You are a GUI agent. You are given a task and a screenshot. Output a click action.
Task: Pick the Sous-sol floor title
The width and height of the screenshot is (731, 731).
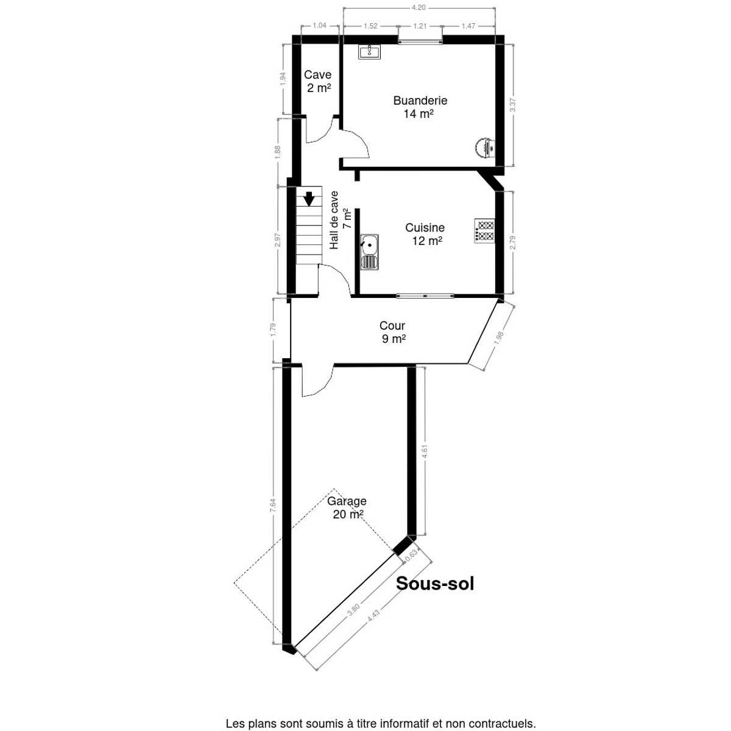pos(435,584)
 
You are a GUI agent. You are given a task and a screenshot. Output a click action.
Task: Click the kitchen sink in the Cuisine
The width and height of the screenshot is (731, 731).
pos(369,252)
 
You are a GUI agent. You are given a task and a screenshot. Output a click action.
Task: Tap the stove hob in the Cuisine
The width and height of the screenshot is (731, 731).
pos(484,231)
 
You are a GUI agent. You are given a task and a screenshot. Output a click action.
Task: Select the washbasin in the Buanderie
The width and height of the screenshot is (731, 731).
pos(370,52)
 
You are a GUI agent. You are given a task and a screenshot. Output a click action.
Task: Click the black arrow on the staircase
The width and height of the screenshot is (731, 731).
pos(309,199)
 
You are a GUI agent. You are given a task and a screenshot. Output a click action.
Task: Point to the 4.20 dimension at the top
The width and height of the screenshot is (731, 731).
pos(419,7)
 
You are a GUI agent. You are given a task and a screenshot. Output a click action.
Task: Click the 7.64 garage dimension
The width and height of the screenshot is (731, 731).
pos(273,505)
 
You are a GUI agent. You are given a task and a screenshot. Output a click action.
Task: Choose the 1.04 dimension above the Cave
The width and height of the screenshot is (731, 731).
pos(319,26)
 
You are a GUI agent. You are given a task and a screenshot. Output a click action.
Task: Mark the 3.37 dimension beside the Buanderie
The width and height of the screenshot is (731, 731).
pos(512,105)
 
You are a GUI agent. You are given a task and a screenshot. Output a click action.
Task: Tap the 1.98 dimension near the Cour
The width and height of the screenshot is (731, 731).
pos(500,337)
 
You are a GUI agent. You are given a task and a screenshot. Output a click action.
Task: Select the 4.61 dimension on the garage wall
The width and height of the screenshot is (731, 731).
pos(425,451)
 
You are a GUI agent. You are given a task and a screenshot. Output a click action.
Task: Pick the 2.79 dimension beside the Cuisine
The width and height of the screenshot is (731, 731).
pos(512,243)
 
